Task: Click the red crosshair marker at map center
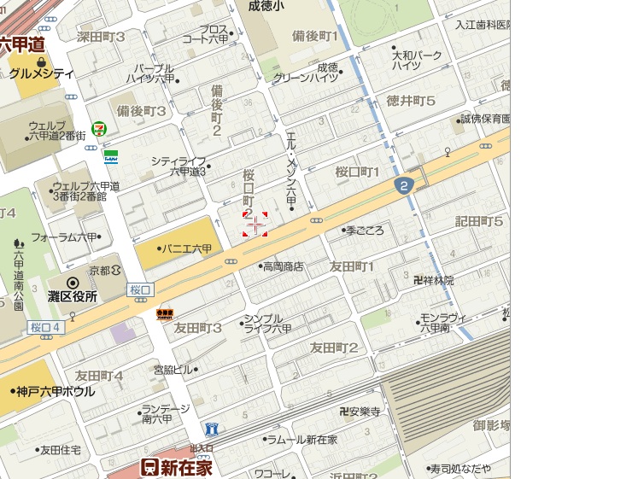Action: [x=255, y=224]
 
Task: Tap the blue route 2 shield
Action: [x=403, y=185]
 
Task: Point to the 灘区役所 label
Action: [x=73, y=296]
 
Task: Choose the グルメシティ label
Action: [x=42, y=74]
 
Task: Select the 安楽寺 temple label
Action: [x=364, y=412]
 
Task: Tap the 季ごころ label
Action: [x=366, y=231]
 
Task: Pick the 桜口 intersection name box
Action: [x=140, y=290]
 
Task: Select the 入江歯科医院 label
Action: [x=482, y=25]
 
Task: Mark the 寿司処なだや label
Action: [x=460, y=468]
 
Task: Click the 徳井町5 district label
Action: [x=411, y=100]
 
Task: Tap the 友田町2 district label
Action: [x=334, y=347]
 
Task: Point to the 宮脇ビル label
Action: [x=173, y=370]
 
